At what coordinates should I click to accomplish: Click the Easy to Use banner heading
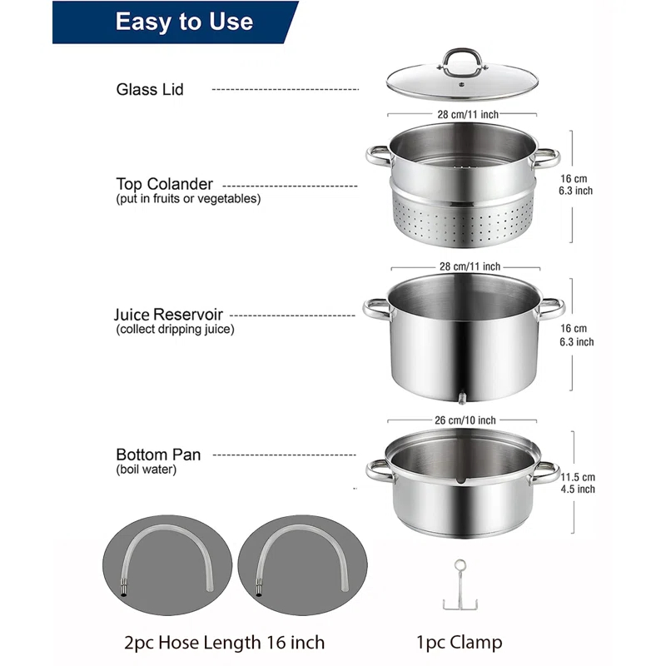pos(184,22)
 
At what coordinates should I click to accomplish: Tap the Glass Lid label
pos(150,89)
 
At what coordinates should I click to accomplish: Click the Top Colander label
pos(165,184)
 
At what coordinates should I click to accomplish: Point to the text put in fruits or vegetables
pos(188,199)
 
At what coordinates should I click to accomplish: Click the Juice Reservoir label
pos(168,316)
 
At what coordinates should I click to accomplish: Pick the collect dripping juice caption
pos(176,330)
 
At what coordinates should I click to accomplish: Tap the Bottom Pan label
pos(158,455)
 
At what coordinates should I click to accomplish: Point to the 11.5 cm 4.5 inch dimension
pos(578,483)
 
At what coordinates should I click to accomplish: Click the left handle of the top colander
pos(377,156)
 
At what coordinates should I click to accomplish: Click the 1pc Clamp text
pos(459,642)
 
